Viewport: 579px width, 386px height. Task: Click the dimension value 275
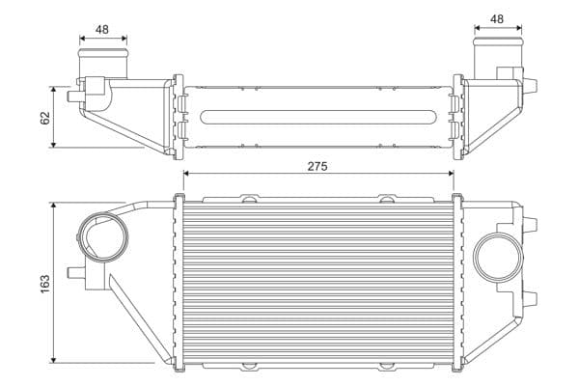click(x=317, y=167)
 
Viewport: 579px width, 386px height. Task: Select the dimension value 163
click(x=45, y=284)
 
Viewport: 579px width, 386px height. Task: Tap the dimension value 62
click(x=45, y=118)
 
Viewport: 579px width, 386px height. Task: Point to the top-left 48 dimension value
click(x=102, y=30)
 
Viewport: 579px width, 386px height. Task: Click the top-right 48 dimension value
click(x=497, y=19)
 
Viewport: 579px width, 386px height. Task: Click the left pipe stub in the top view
click(x=103, y=63)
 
